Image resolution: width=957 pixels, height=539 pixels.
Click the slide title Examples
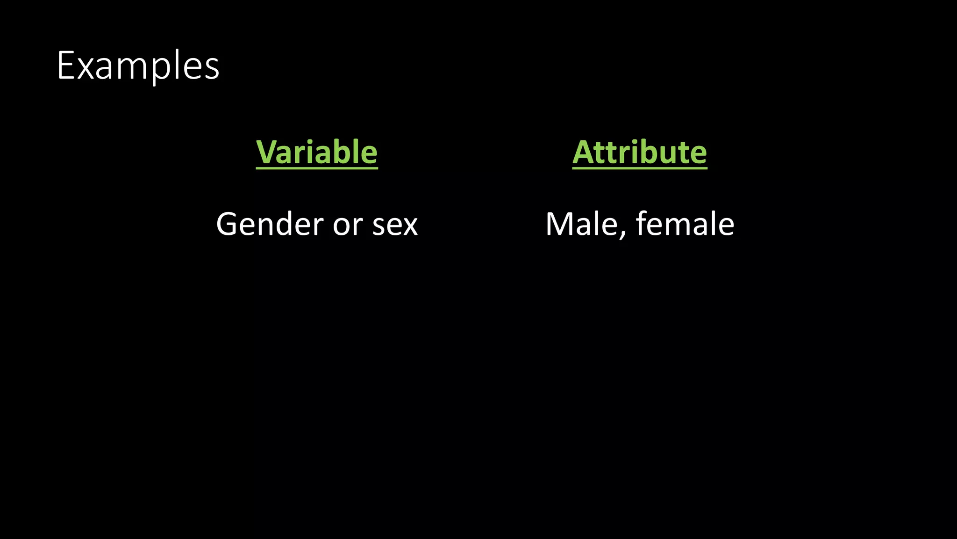(138, 66)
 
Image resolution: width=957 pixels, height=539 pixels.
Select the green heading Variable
(317, 152)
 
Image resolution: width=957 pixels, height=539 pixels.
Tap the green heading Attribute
(640, 152)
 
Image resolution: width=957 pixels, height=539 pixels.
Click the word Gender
(270, 224)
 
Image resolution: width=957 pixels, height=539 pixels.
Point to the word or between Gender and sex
(348, 225)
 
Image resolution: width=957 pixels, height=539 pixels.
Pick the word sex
(395, 225)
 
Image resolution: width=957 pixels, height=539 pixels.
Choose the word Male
(582, 224)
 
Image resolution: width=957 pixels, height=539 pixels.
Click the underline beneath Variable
(317, 168)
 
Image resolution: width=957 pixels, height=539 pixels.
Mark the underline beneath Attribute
(640, 168)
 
